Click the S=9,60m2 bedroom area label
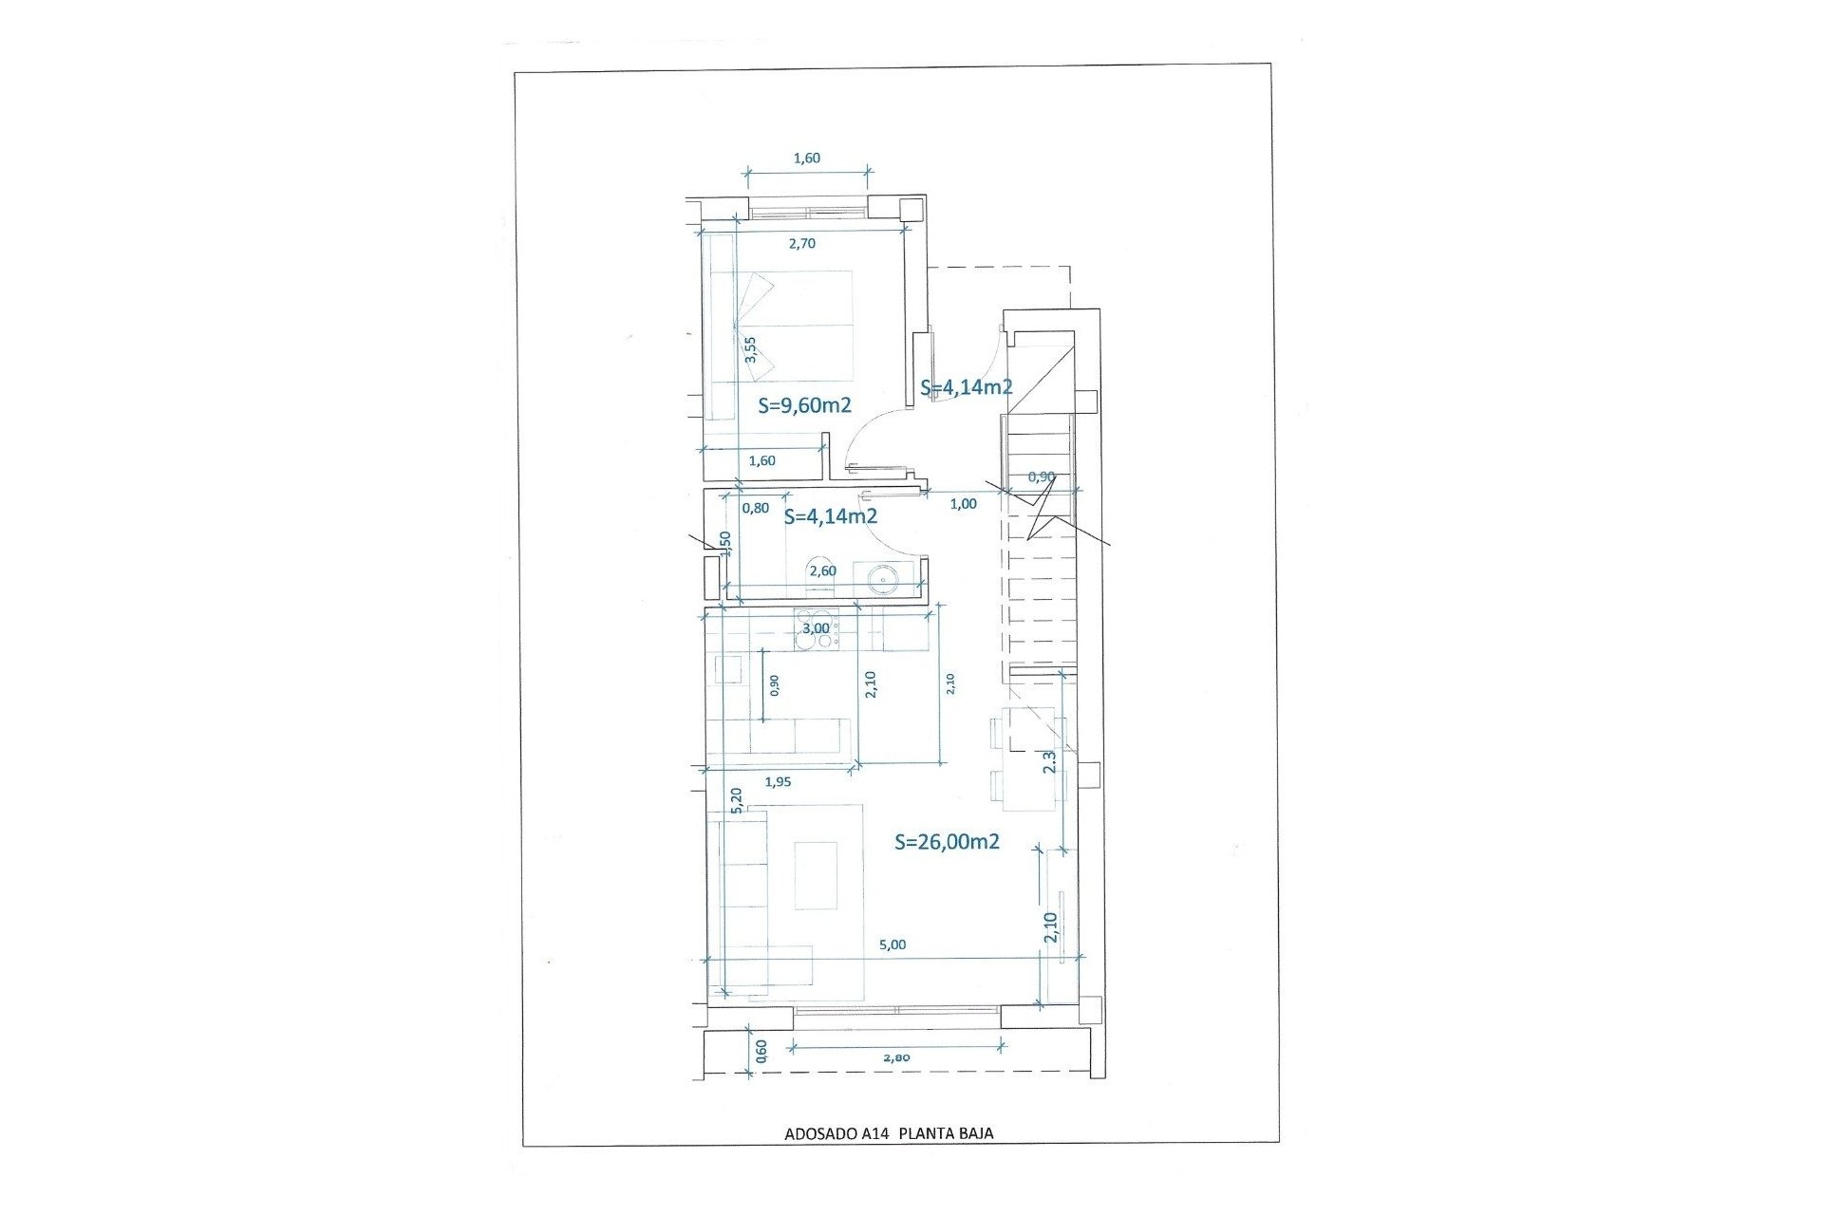tap(804, 405)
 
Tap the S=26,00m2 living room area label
tap(947, 841)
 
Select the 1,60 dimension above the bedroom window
tap(806, 159)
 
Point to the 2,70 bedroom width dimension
tap(802, 243)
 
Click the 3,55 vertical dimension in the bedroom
tap(750, 349)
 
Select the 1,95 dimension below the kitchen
tap(778, 781)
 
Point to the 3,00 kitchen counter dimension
tap(816, 627)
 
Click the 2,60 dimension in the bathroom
tap(822, 570)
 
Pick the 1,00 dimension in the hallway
tap(963, 504)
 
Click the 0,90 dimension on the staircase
tap(1042, 477)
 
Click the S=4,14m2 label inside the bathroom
tap(830, 517)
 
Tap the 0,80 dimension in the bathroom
tap(755, 508)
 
